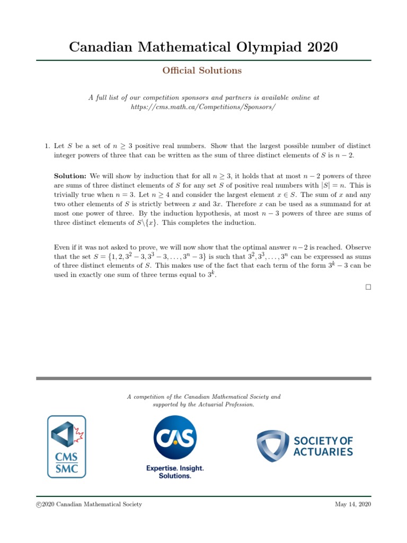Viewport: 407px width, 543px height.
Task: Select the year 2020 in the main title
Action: click(318, 47)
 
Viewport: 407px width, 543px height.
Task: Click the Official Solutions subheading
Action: click(203, 71)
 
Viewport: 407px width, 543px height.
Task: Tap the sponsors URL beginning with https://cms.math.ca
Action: click(203, 107)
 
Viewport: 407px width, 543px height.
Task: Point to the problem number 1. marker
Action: click(47, 145)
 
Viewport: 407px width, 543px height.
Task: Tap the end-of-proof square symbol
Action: click(368, 287)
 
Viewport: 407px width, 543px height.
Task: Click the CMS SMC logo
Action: click(67, 446)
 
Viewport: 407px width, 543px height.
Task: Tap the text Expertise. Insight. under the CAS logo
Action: click(175, 468)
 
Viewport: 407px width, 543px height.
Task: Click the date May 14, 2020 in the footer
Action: click(353, 504)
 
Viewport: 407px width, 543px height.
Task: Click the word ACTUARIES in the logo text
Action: click(323, 452)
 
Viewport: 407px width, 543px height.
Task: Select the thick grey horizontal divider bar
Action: click(203, 378)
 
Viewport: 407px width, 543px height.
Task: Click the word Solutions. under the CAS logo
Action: click(175, 476)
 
